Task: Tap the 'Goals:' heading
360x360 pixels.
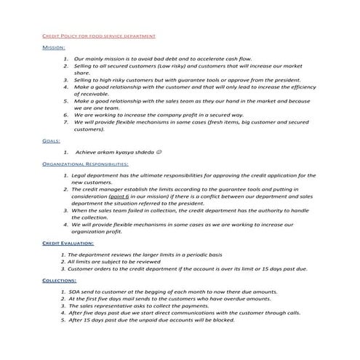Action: [x=51, y=143]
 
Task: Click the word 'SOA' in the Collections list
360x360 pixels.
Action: [x=75, y=291]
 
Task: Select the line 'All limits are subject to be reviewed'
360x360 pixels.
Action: [x=117, y=261]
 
